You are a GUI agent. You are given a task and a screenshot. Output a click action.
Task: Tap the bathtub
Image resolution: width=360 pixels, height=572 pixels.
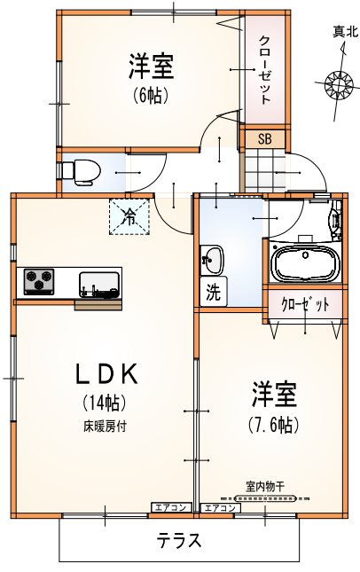pyautogui.click(x=306, y=263)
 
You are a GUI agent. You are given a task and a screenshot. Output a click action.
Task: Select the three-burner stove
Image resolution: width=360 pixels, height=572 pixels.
pyautogui.click(x=39, y=282)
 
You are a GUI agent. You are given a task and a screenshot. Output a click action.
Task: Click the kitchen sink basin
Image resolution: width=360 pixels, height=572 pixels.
pyautogui.click(x=99, y=285)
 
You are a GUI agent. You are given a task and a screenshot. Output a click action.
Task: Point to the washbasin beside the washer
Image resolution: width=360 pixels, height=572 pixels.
pyautogui.click(x=212, y=259)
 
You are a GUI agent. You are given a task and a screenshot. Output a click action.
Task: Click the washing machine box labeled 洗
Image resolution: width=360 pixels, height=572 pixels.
pyautogui.click(x=214, y=292)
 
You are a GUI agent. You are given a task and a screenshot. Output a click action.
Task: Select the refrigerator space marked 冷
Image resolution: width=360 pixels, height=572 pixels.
pyautogui.click(x=129, y=216)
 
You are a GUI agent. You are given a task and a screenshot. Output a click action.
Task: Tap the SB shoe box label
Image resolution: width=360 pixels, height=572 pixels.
pyautogui.click(x=265, y=138)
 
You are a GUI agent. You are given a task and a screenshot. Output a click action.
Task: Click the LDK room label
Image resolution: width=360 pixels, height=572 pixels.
pyautogui.click(x=106, y=374)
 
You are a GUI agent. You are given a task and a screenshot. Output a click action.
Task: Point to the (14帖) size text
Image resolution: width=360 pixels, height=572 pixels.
pyautogui.click(x=105, y=402)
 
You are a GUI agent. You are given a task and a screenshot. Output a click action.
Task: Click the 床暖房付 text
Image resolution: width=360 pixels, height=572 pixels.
pyautogui.click(x=105, y=426)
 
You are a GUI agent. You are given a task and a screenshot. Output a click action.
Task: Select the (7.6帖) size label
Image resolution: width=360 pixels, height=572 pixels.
pyautogui.click(x=273, y=424)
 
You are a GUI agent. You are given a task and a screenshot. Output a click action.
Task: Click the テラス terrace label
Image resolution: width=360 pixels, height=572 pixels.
pyautogui.click(x=179, y=540)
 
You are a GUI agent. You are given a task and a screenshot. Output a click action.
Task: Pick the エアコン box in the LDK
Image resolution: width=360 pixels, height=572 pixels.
pyautogui.click(x=171, y=507)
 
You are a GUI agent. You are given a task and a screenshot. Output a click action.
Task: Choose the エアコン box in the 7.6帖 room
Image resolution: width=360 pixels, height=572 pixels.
pyautogui.click(x=220, y=508)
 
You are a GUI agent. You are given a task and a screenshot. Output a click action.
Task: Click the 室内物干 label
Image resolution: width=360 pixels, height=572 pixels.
pyautogui.click(x=265, y=486)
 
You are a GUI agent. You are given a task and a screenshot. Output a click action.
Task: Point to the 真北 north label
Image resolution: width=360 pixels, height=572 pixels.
pyautogui.click(x=345, y=33)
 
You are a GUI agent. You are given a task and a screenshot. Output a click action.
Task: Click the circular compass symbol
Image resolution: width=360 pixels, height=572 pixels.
pyautogui.click(x=340, y=84)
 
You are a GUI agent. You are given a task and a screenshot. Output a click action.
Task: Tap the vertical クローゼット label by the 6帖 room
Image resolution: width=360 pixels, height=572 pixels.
pyautogui.click(x=265, y=70)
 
